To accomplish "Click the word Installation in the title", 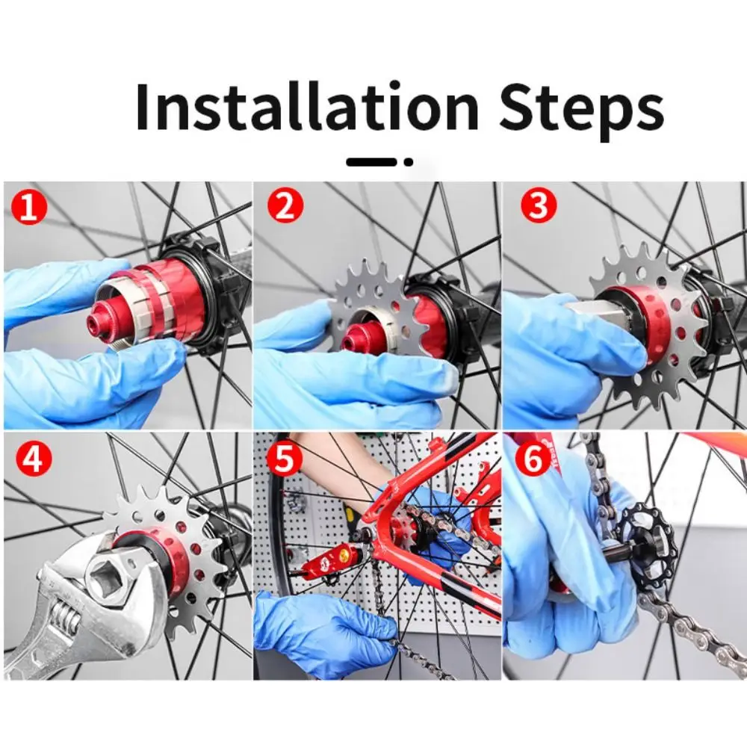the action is point(307,107).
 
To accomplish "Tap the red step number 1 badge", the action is point(30,207).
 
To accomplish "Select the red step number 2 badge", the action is point(285,207).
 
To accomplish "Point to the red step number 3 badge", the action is point(539,207).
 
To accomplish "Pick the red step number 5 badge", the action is point(285,459).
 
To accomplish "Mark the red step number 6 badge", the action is point(533,459).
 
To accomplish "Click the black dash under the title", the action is point(371,162).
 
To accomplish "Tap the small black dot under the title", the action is point(409,162).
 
